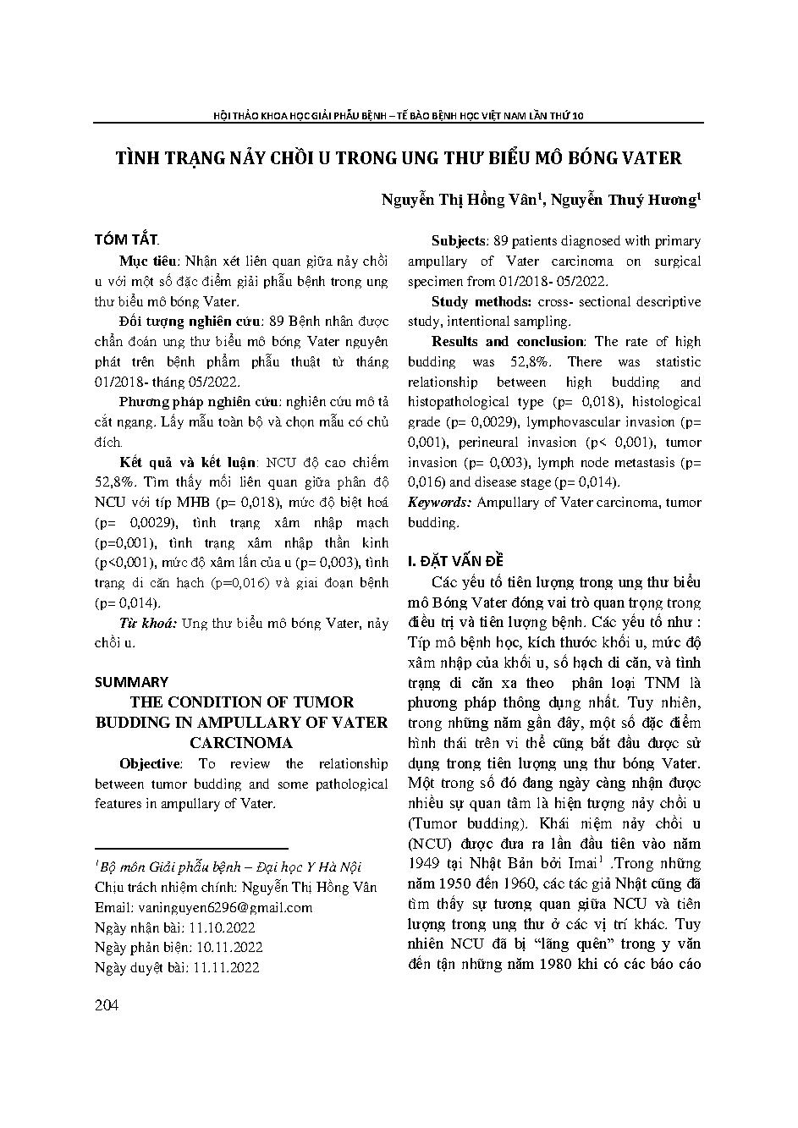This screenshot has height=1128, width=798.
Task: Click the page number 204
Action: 107,1004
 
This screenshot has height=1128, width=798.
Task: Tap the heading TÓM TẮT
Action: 126,240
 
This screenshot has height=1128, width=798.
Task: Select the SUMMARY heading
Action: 131,681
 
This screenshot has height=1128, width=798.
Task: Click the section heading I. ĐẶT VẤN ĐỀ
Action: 455,561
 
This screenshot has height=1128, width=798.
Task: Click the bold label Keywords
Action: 439,503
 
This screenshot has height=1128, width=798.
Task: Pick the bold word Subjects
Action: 458,241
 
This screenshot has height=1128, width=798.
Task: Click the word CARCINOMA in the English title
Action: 241,742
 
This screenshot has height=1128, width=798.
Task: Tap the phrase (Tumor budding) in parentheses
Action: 464,823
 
